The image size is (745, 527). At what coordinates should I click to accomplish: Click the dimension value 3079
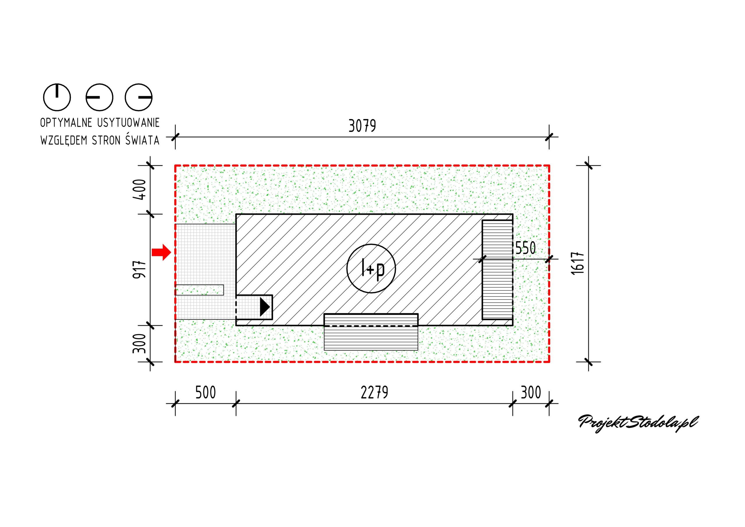click(362, 126)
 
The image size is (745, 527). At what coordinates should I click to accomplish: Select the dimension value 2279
click(375, 392)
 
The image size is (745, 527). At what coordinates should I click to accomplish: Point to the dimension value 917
click(139, 269)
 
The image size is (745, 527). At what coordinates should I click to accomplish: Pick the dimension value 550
click(526, 248)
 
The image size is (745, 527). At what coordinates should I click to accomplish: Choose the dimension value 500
click(205, 392)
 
